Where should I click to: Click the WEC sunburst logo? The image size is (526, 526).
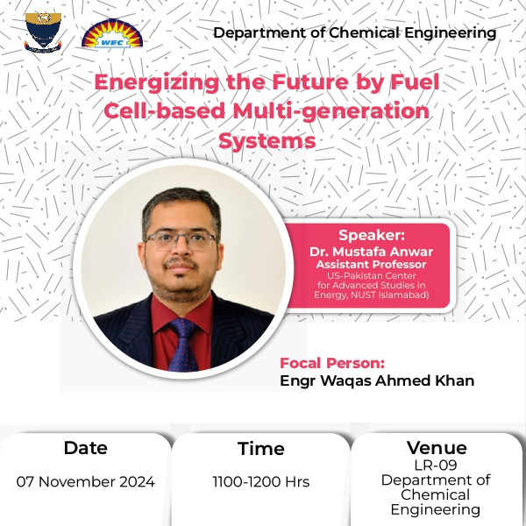point(112,33)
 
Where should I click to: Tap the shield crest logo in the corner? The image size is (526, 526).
point(43,32)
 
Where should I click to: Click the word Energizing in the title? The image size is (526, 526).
point(157,83)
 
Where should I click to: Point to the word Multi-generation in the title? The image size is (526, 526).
point(331,111)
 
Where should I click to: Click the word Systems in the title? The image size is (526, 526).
point(267,141)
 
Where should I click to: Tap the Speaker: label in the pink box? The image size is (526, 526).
point(372,235)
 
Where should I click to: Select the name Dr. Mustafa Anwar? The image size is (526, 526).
point(371,252)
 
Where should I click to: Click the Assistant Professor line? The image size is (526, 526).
point(371,265)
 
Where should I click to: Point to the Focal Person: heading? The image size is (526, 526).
point(332,363)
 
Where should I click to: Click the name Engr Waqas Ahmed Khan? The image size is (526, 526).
point(377,380)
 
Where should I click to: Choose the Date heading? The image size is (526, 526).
point(86,448)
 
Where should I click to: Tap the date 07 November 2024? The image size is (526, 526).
point(86,481)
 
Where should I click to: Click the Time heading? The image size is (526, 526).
point(261,449)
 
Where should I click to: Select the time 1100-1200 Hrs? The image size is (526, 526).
point(261,481)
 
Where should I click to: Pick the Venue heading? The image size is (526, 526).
point(437,447)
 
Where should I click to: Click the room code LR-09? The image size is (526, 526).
point(436,466)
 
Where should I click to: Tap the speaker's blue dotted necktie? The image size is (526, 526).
point(183,345)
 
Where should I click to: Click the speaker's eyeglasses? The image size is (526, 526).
point(181,241)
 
